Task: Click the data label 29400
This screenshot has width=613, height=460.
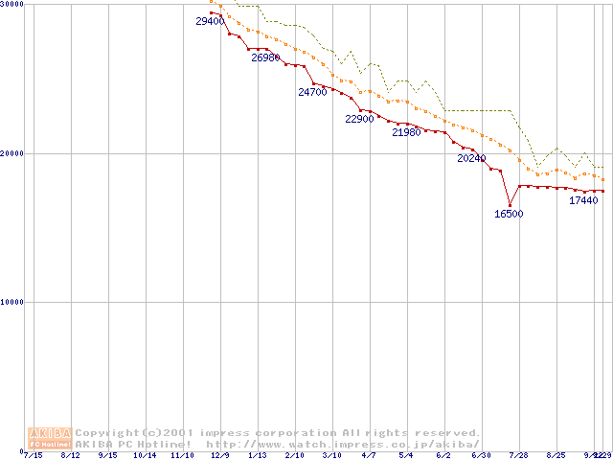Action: click(x=210, y=21)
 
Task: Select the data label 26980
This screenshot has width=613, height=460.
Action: click(x=266, y=57)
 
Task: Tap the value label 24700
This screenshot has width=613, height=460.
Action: click(x=313, y=92)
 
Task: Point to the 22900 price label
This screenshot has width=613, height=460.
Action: click(x=359, y=119)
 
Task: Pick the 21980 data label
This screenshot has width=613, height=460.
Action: click(x=406, y=132)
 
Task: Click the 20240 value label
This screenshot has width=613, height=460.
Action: click(x=471, y=158)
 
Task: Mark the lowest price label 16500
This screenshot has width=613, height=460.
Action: click(x=509, y=214)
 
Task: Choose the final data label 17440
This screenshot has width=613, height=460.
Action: click(x=583, y=200)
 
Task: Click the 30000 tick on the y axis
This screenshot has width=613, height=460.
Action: click(x=11, y=5)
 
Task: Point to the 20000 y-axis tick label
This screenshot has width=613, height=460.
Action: click(x=11, y=153)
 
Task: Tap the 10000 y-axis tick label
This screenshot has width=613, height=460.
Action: click(x=11, y=302)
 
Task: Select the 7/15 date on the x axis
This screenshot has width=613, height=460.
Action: click(x=33, y=454)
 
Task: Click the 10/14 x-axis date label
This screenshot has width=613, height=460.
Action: click(x=145, y=454)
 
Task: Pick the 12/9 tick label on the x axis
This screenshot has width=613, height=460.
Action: click(x=220, y=454)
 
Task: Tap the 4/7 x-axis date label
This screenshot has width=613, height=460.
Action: click(x=369, y=454)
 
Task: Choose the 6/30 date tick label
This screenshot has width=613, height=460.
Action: click(x=481, y=454)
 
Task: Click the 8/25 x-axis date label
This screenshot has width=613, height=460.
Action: click(x=556, y=454)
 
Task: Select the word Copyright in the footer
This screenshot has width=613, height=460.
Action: click(x=107, y=433)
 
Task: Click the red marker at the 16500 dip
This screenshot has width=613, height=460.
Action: click(x=510, y=205)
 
